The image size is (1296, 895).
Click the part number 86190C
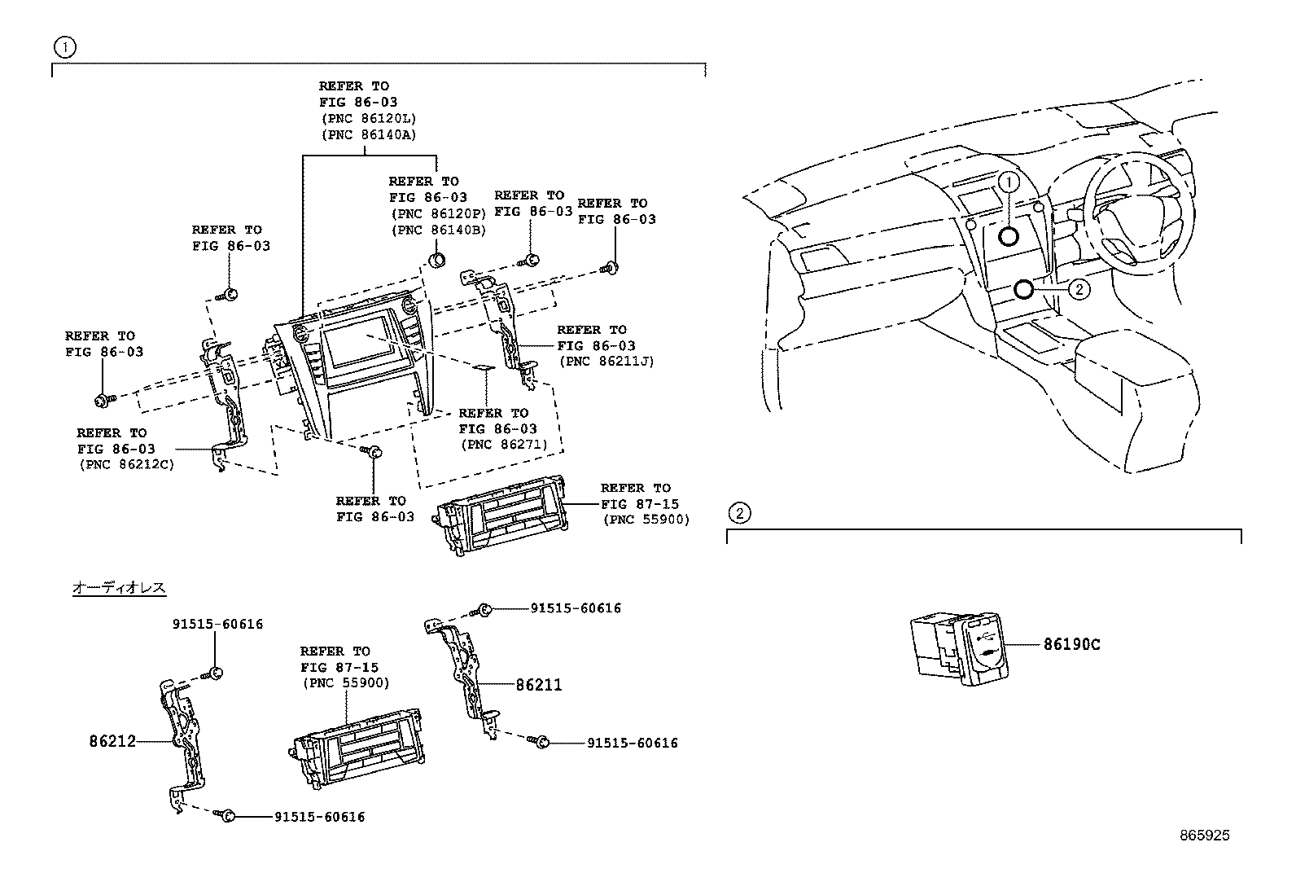[x=1071, y=645]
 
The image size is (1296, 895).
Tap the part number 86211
[x=538, y=686]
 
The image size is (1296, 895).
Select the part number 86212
[x=112, y=742]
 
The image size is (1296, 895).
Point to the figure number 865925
[x=1205, y=836]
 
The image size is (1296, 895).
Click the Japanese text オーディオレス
[x=119, y=587]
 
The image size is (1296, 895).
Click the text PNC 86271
[x=504, y=445]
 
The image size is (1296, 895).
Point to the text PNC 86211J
[x=606, y=362]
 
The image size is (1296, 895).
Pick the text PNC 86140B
[x=438, y=230]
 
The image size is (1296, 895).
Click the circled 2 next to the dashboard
[x=1079, y=288]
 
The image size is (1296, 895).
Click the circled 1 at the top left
[x=63, y=47]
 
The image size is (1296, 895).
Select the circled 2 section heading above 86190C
[x=738, y=513]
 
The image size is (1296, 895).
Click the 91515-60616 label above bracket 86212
[x=217, y=625]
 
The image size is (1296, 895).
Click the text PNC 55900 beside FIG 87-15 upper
[x=646, y=520]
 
